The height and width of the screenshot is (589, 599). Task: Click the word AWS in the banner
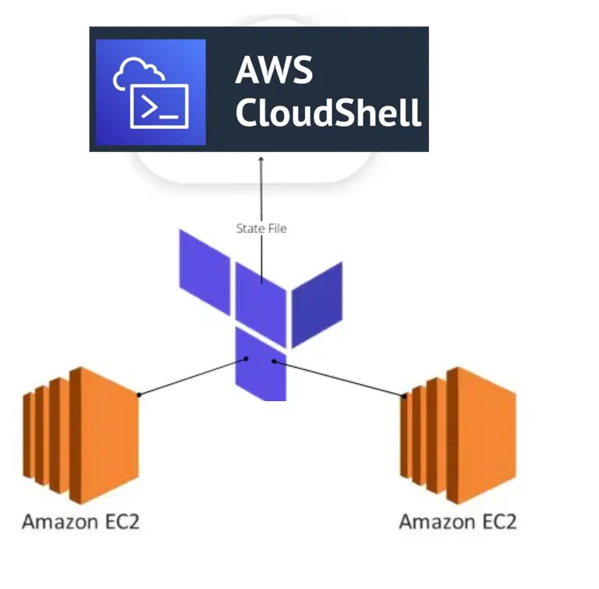click(274, 71)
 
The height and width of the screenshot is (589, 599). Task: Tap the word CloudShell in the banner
click(328, 113)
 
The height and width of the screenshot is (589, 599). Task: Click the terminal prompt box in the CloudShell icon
click(159, 106)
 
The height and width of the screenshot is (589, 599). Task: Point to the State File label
click(261, 228)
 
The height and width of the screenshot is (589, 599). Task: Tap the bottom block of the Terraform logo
click(260, 365)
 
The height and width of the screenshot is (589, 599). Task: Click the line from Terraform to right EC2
click(338, 378)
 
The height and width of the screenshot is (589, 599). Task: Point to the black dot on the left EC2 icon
click(139, 395)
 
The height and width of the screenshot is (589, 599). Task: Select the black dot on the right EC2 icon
click(403, 396)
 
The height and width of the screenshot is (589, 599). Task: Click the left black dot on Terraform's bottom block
click(247, 359)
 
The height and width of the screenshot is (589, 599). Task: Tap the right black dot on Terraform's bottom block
click(273, 361)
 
